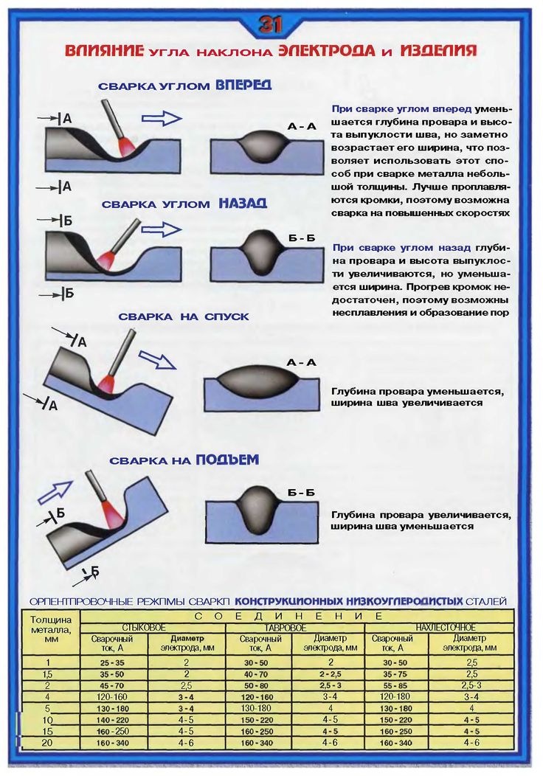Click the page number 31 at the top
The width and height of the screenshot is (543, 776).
271,25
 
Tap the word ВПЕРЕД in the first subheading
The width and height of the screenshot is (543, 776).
243,85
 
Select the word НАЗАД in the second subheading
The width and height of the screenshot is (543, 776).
242,203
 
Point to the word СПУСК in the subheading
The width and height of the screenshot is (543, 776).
224,316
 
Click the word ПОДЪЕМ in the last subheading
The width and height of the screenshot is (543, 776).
227,460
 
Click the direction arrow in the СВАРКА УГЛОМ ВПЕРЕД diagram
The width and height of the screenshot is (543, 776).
162,118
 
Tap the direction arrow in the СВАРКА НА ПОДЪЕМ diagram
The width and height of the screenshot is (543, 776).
55,492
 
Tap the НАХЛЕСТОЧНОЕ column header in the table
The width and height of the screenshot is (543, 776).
445,627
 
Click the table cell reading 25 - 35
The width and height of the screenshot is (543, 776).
112,663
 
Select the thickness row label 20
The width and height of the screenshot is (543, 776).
48,742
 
